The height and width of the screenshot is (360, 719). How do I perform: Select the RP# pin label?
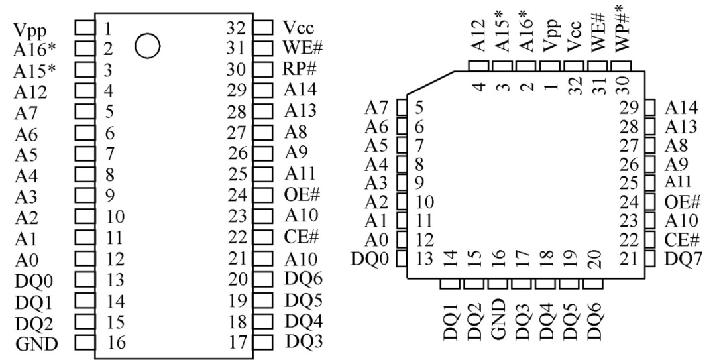point(296,70)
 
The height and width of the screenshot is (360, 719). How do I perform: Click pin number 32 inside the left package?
point(237,28)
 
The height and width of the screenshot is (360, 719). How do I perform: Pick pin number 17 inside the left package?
point(237,343)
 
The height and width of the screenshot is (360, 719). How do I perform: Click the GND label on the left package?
point(36,343)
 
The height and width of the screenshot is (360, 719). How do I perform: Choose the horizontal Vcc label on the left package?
point(298,27)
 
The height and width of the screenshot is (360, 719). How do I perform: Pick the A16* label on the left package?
point(30,48)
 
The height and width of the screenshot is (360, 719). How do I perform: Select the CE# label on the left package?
point(299,237)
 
